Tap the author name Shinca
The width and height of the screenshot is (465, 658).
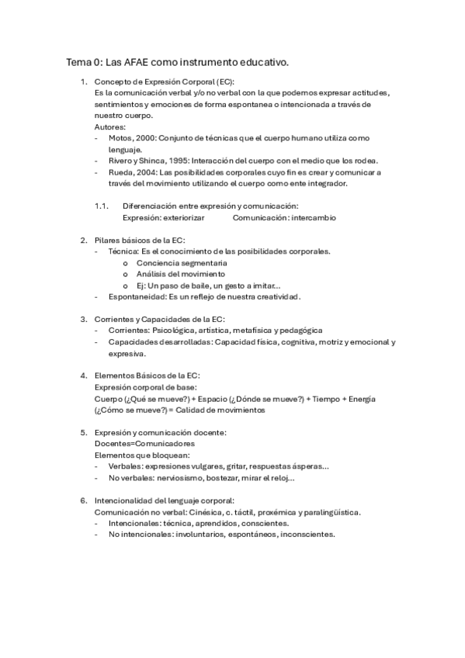pyautogui.click(x=151, y=161)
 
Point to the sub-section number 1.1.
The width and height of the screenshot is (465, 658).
pyautogui.click(x=100, y=206)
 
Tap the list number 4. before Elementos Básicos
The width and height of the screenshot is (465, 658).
pyautogui.click(x=84, y=376)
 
